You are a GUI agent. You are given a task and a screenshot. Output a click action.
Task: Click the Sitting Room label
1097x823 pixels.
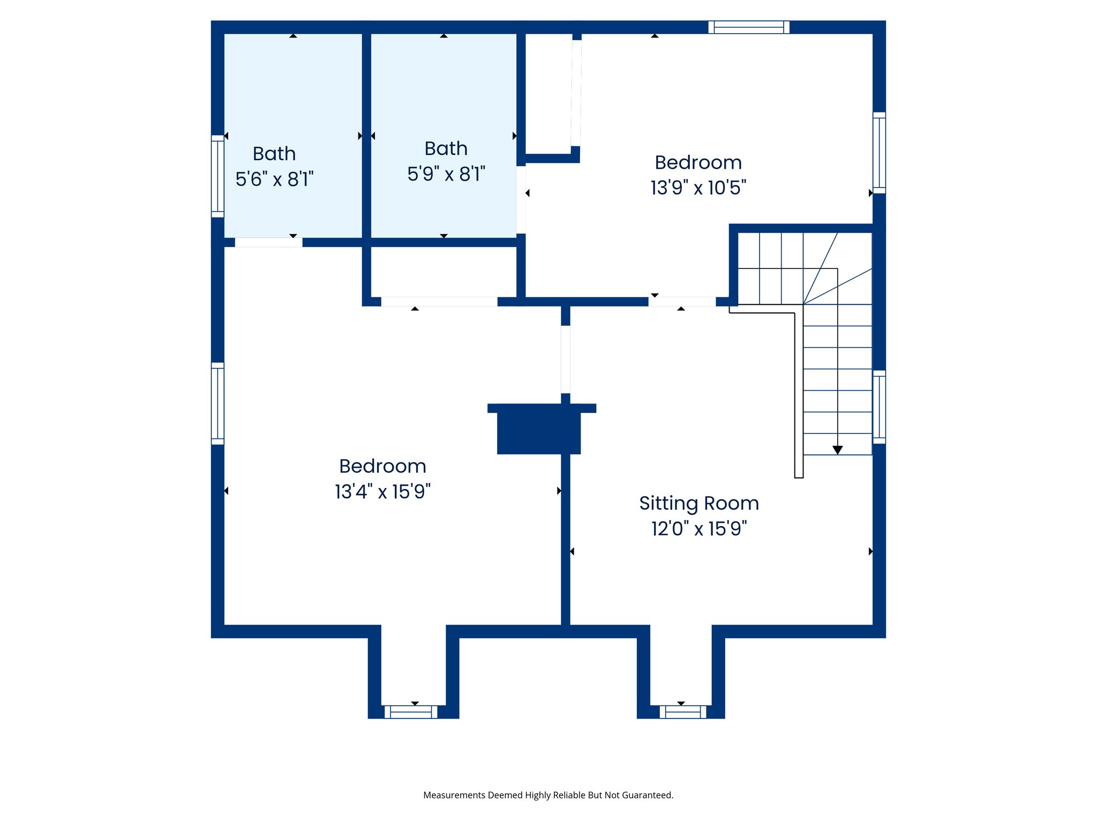pos(699,504)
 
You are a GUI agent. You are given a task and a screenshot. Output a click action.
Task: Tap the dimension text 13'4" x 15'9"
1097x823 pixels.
pos(382,491)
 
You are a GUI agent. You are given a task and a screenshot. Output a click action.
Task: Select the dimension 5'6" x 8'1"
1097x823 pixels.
pos(274,179)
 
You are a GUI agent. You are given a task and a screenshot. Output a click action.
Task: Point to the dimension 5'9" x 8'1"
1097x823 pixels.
pos(446,174)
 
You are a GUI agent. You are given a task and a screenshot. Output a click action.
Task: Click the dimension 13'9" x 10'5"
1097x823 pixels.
pos(698,188)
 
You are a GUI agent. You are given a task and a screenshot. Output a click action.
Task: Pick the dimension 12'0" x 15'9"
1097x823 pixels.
pos(699,529)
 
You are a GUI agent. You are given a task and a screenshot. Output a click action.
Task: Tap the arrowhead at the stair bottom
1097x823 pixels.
pos(838,450)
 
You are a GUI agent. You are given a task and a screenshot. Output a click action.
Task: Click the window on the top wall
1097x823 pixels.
pos(749,27)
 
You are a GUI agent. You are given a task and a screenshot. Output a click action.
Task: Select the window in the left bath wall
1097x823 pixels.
pos(217,176)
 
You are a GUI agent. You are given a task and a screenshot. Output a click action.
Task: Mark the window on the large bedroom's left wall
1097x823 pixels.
pos(217,403)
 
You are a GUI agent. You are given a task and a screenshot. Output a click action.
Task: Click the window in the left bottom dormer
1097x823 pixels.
pos(411,712)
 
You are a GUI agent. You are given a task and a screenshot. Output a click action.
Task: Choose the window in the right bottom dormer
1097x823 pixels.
pos(683,712)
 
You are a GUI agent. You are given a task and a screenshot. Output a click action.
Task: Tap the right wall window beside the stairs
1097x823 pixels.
pos(879,407)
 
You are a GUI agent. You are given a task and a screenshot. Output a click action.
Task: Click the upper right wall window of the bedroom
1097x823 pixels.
pos(879,153)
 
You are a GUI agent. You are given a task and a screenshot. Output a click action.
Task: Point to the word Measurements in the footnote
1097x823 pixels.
pos(454,795)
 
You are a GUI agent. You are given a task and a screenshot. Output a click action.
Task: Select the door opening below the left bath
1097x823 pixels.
pos(268,243)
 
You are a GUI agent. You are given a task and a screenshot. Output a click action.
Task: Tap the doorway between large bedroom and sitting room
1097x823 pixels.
pos(566,359)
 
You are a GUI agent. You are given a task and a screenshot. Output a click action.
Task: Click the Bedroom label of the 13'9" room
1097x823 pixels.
pos(698,163)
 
